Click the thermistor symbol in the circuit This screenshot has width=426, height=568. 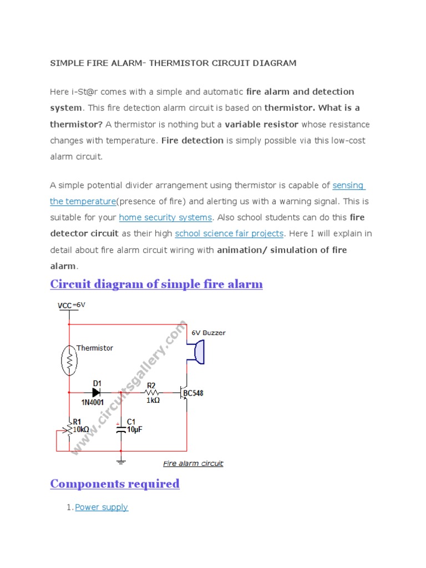(x=69, y=361)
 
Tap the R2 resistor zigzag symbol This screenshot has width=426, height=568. (x=152, y=393)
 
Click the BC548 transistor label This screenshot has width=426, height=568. (x=192, y=393)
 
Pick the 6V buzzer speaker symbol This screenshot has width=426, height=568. (x=198, y=353)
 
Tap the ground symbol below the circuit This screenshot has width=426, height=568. (x=121, y=460)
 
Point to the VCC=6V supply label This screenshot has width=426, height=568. (x=72, y=305)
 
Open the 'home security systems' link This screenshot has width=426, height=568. (x=165, y=217)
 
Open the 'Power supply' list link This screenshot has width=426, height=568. (x=102, y=508)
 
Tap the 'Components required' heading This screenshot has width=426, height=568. (x=115, y=484)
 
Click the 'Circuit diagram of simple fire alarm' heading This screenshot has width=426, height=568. (x=156, y=284)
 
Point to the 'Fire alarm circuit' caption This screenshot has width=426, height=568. (x=193, y=463)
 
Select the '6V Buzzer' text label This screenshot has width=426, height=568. (x=209, y=333)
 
